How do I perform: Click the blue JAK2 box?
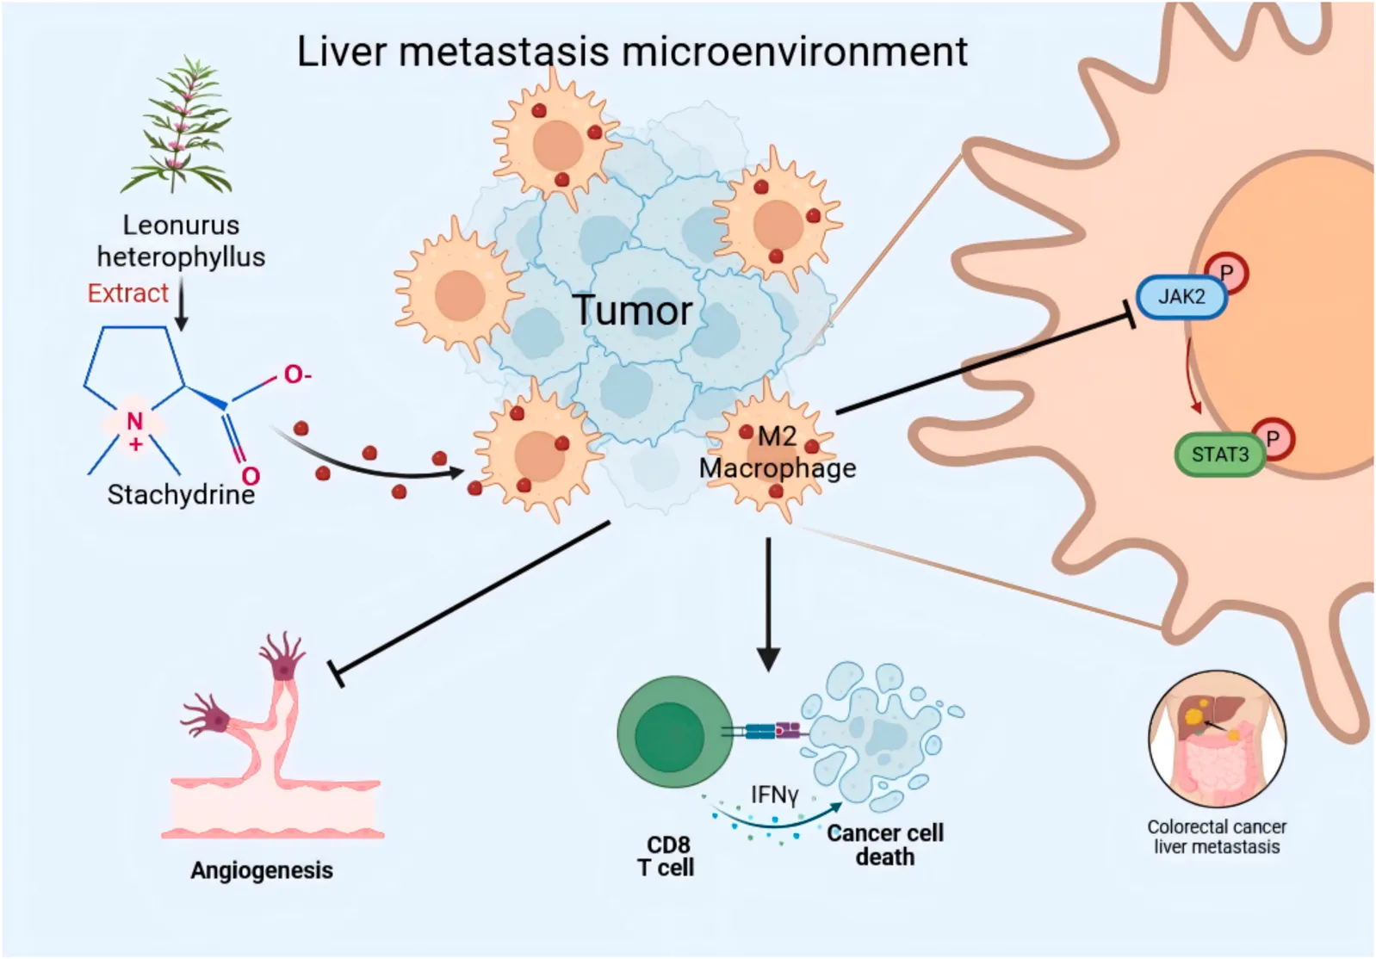pos(1181,297)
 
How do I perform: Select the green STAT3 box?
pos(1220,455)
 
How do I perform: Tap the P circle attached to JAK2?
pos(1226,273)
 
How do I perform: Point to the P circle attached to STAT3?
pos(1273,439)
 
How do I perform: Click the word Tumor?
pos(633,310)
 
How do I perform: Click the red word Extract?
pos(127,294)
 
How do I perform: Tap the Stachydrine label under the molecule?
pos(181,495)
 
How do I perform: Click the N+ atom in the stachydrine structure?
pos(135,430)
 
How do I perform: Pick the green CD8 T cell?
pos(674,732)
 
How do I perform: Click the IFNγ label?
pos(775,795)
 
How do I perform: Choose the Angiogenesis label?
pos(262,870)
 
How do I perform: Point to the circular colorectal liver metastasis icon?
pos(1217,739)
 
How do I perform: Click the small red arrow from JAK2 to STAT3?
pos(1192,375)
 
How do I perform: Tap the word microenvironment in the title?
pos(795,52)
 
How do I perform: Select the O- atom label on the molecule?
pos(297,374)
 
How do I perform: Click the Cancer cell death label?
pos(885,845)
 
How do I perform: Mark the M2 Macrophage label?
pos(778,453)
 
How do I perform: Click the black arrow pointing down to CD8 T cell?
pos(768,604)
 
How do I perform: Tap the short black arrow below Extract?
pos(181,304)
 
